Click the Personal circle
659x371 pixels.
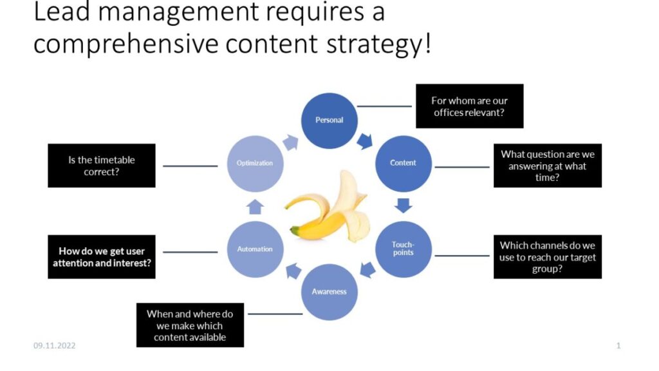click(x=329, y=120)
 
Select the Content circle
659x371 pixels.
click(x=403, y=164)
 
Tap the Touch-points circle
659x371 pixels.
click(x=403, y=249)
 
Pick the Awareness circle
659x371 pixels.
click(x=329, y=292)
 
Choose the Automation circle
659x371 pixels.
click(x=255, y=249)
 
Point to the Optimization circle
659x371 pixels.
click(x=255, y=164)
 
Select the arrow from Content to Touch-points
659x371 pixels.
click(x=403, y=205)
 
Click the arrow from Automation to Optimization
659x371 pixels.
click(x=255, y=207)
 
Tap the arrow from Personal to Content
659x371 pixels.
click(x=365, y=141)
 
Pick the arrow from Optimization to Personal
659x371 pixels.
click(x=290, y=142)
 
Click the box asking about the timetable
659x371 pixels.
click(x=102, y=166)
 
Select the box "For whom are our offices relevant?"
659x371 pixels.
click(x=469, y=106)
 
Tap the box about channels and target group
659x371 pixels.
click(x=548, y=256)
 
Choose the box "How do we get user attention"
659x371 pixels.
click(x=102, y=256)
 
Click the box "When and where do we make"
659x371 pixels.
click(x=190, y=325)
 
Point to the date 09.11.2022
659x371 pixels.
click(x=55, y=346)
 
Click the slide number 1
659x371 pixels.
click(x=618, y=346)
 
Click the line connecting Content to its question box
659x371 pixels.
click(x=462, y=167)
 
